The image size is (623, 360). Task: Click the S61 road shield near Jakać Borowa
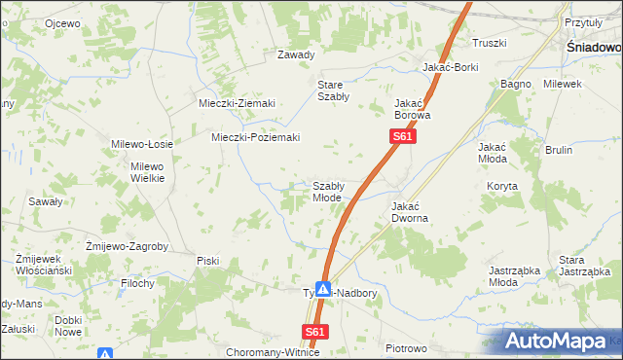coord(404,138)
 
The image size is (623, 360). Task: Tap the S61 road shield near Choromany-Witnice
coord(314,332)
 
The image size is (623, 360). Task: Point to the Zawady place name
coord(296,54)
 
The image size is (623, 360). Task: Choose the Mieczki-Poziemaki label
coord(255,137)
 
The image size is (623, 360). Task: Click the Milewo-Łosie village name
coord(142,144)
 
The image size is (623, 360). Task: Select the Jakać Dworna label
coord(411,212)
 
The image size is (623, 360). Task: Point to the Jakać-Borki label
coord(450,68)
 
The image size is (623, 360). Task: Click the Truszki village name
coord(490,43)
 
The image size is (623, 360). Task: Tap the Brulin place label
coord(559,150)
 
